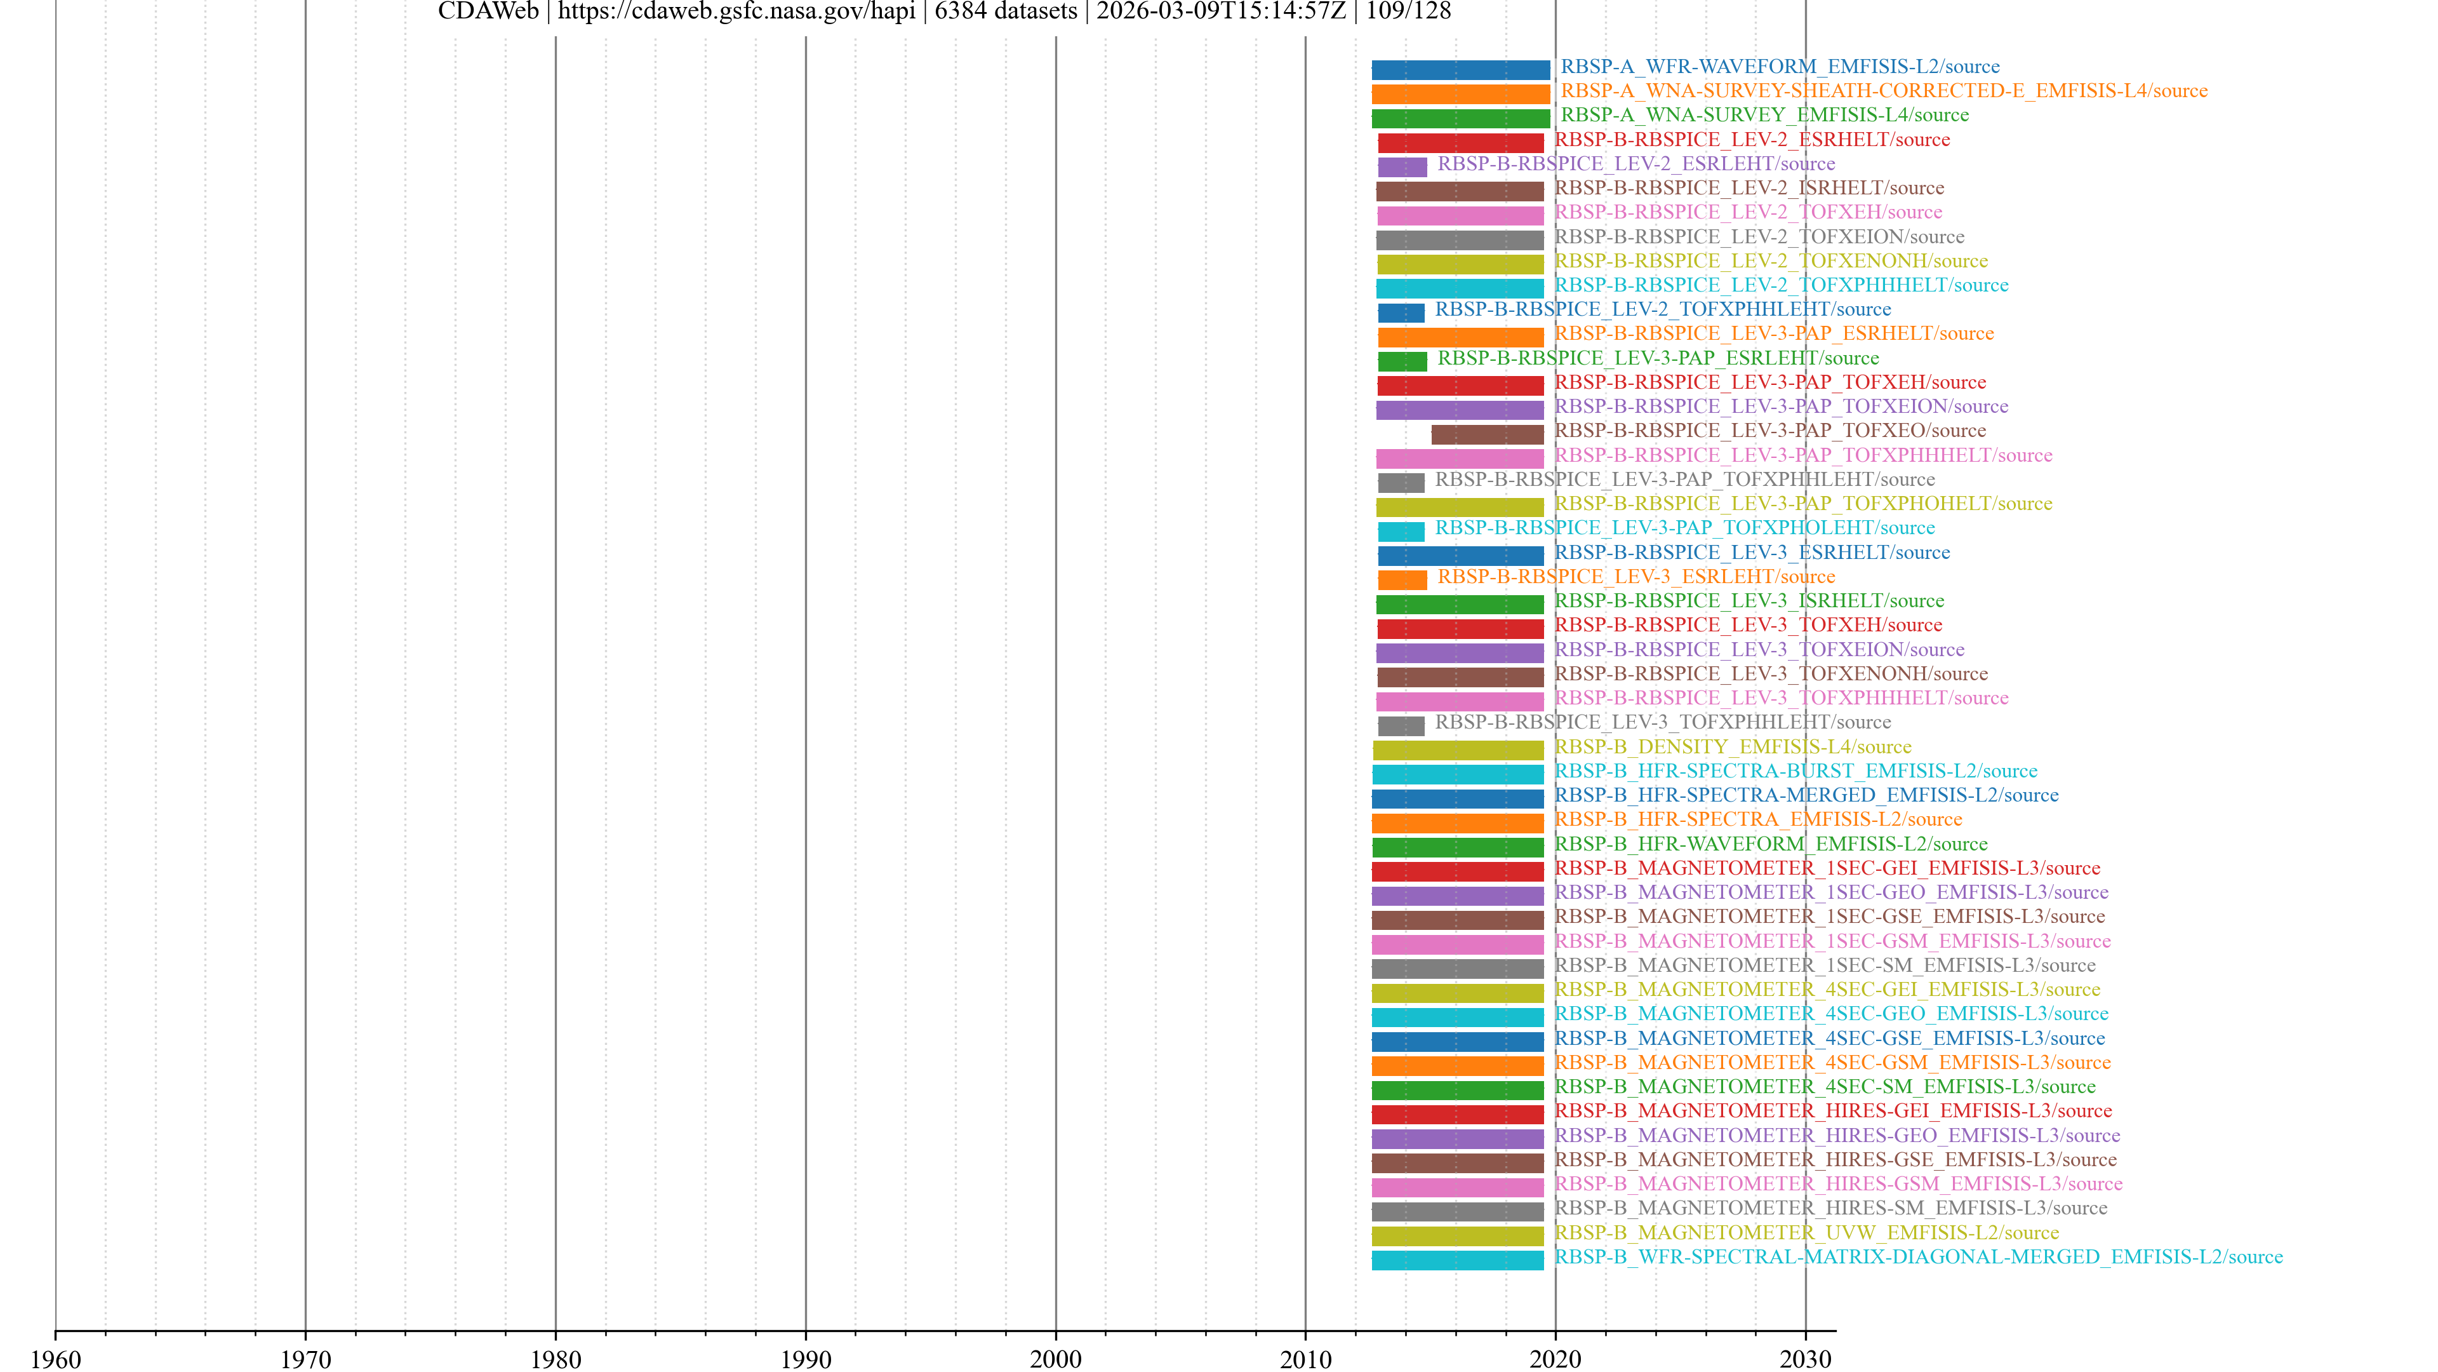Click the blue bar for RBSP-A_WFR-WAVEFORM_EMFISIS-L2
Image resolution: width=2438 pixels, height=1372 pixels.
[x=1460, y=70]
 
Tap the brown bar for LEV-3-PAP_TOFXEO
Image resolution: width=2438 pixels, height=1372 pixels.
[x=1487, y=434]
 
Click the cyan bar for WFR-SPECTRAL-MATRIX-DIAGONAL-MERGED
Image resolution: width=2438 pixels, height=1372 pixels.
[x=1458, y=1260]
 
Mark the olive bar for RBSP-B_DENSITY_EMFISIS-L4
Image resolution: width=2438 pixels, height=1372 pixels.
[x=1458, y=751]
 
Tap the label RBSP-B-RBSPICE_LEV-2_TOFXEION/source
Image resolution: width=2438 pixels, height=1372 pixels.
[x=1759, y=237]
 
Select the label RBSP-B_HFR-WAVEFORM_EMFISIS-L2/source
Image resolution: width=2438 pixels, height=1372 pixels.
[x=1771, y=844]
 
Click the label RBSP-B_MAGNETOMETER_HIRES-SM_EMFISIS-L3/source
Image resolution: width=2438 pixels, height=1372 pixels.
[x=1830, y=1208]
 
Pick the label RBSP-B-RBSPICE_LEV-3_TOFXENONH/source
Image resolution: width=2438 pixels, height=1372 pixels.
[x=1771, y=674]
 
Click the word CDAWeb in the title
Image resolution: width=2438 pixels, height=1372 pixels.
[x=488, y=11]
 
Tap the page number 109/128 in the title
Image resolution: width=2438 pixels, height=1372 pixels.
[x=1408, y=11]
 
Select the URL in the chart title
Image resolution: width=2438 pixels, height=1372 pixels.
[x=736, y=11]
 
